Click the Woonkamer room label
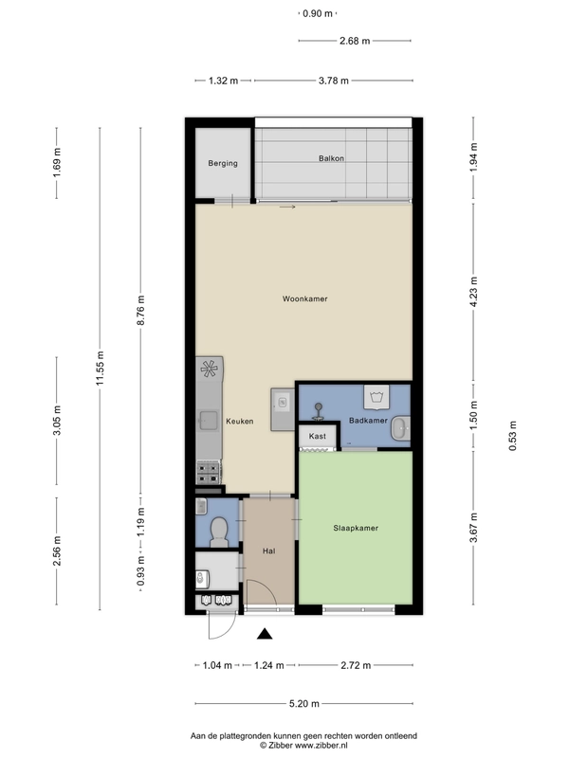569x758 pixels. point(304,298)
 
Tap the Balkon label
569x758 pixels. point(331,158)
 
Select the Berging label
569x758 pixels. point(223,163)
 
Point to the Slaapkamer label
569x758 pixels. point(356,528)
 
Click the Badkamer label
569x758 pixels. point(368,420)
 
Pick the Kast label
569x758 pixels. point(318,436)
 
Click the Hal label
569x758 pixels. point(269,550)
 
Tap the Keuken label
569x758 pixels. point(240,421)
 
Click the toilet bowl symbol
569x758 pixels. point(219,532)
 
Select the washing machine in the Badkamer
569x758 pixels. point(376,397)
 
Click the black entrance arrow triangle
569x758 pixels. point(265,634)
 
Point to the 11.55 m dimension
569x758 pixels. point(100,369)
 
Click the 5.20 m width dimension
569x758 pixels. point(304,703)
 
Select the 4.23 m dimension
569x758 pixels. point(473,292)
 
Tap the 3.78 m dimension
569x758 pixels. point(334,81)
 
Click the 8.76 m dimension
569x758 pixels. point(140,311)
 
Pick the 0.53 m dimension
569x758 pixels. point(512,436)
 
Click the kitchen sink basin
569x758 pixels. point(209,420)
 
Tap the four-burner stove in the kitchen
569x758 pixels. point(209,472)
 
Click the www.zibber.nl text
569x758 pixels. point(321,746)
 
